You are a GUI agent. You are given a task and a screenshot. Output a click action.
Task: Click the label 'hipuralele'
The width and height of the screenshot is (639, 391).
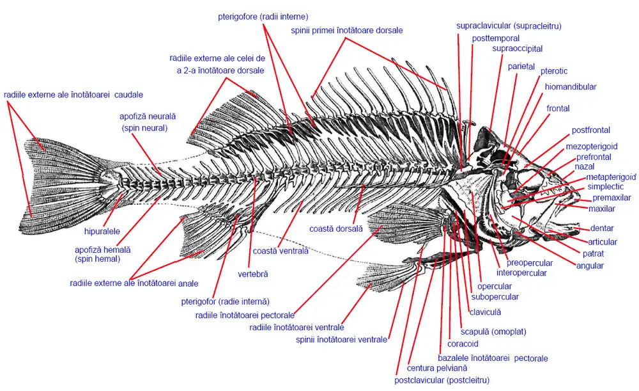pos(103,230)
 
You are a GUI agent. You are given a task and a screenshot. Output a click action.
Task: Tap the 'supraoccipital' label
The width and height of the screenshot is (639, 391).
pos(517,49)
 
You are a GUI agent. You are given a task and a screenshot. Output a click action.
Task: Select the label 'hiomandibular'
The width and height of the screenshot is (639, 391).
pos(571,87)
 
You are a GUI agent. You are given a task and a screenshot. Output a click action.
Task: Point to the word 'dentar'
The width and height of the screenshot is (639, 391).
pos(602,228)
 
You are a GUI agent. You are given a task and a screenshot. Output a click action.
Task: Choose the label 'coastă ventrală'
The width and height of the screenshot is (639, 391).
pos(281,251)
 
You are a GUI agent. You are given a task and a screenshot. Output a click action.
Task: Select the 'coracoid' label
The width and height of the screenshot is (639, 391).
pos(463,344)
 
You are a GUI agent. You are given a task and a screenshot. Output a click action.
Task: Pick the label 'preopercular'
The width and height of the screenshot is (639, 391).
pos(530,263)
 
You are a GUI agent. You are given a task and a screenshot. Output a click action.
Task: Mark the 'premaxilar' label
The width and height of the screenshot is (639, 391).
pos(612,198)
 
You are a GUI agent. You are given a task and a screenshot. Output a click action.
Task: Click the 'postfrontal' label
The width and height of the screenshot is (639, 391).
pos(590,130)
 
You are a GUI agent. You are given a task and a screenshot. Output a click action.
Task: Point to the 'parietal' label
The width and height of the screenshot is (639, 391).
pos(521,67)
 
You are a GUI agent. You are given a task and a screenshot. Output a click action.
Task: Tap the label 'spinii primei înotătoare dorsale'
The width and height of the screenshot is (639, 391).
pos(346,30)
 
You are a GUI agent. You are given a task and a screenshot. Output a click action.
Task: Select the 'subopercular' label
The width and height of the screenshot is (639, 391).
pos(495,297)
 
